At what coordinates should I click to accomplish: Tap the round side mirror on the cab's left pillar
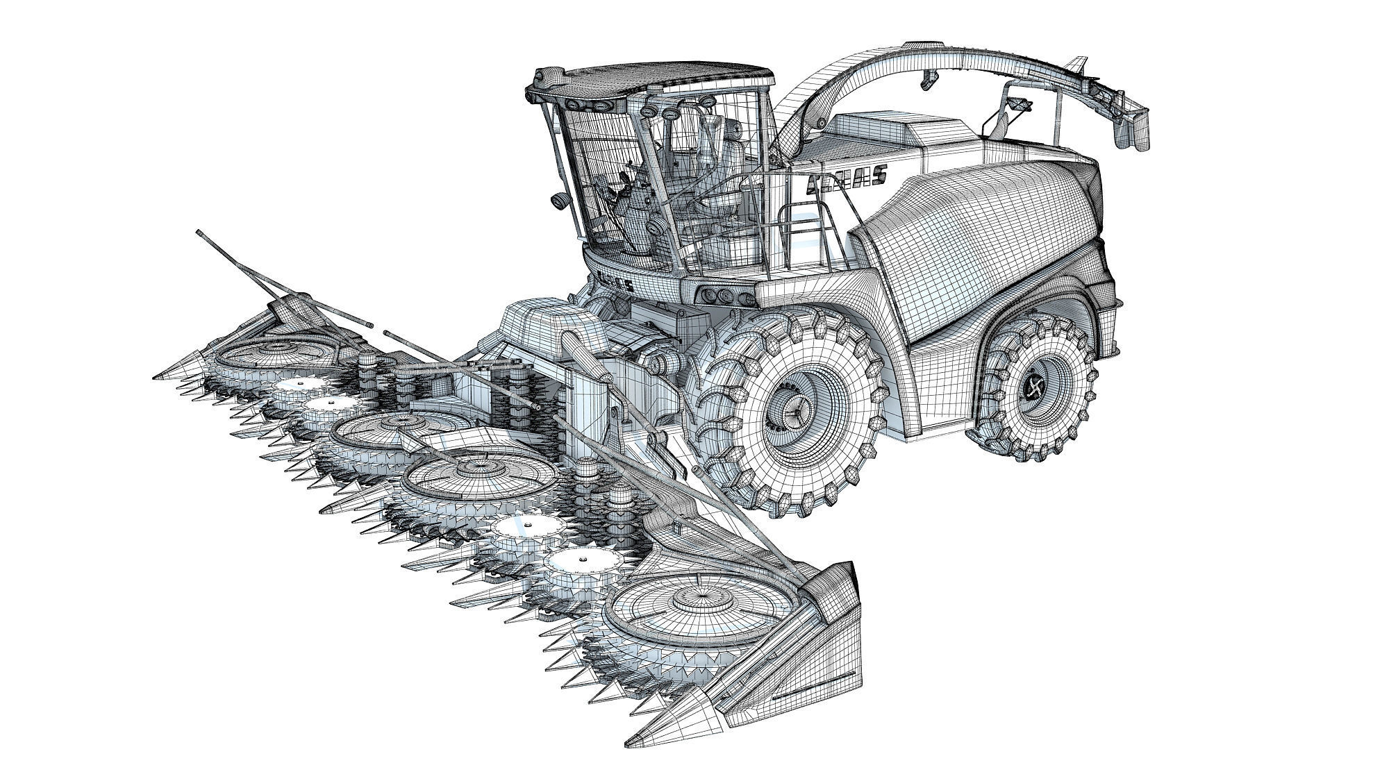[x=558, y=201]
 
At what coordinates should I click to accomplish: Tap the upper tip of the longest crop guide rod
[x=199, y=232]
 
